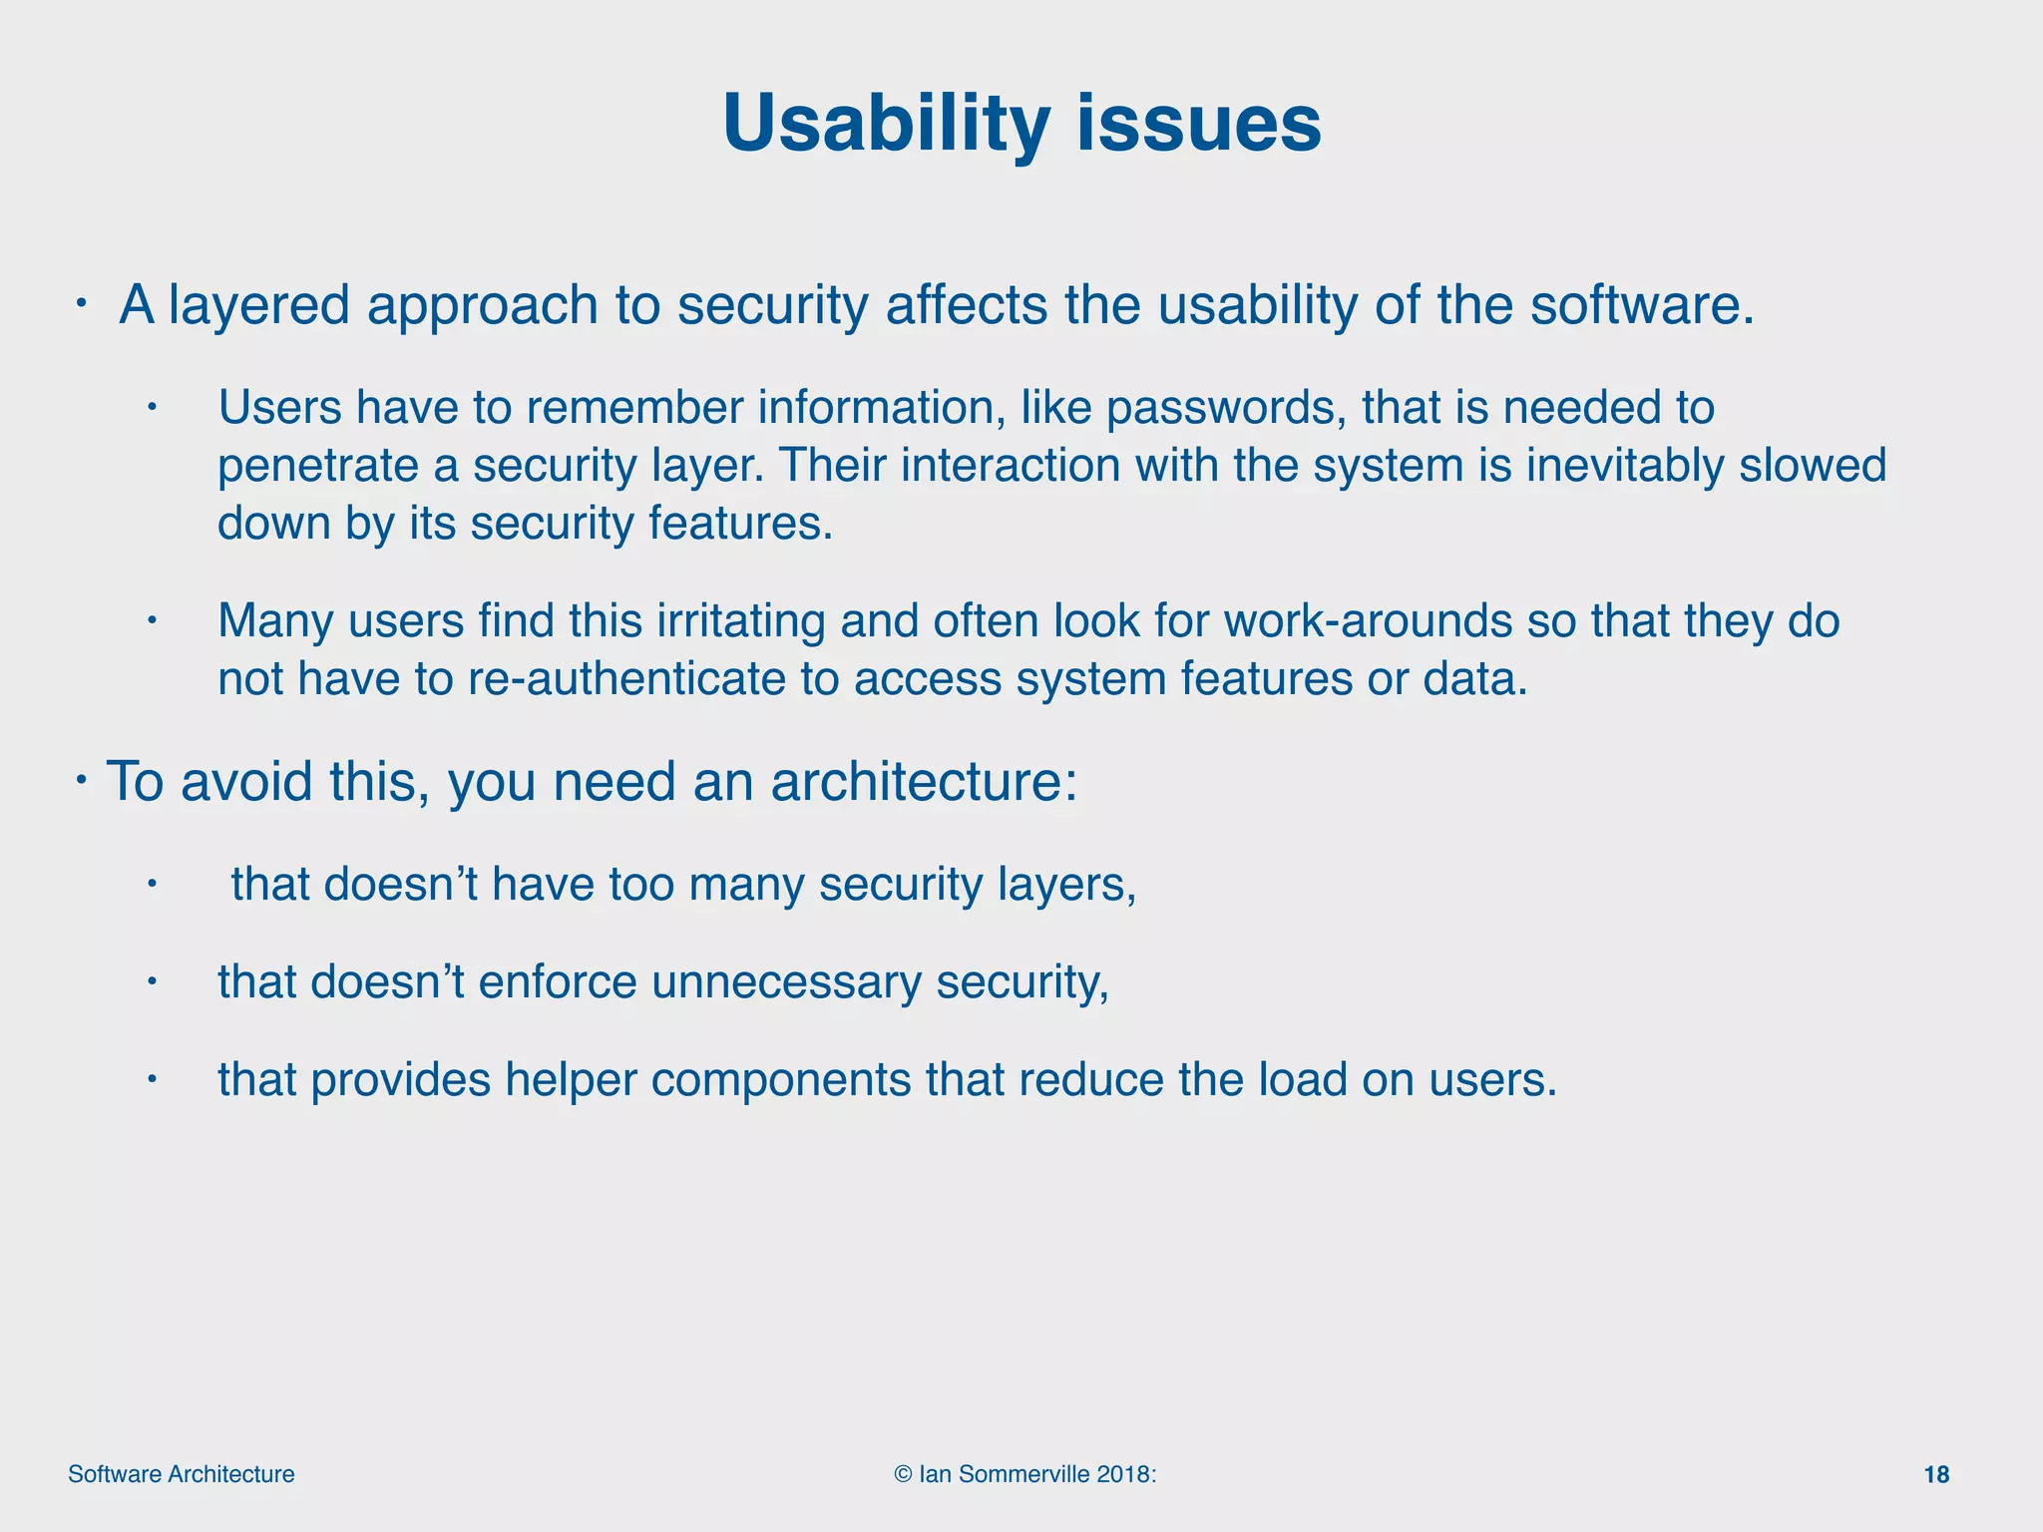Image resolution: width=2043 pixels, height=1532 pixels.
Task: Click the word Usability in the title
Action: [x=886, y=124]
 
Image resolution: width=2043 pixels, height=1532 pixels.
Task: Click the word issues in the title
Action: [x=1199, y=124]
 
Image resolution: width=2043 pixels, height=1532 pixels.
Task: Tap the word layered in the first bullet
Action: [x=258, y=305]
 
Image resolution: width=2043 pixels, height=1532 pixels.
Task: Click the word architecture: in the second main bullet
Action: [x=924, y=781]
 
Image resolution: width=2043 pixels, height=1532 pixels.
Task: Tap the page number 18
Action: [x=1935, y=1475]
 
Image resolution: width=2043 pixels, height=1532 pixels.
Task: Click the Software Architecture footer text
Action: [x=181, y=1475]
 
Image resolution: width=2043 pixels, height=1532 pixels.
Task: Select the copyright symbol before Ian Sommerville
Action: [x=903, y=1475]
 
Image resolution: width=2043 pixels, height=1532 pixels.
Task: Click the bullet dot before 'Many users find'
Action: [x=152, y=621]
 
